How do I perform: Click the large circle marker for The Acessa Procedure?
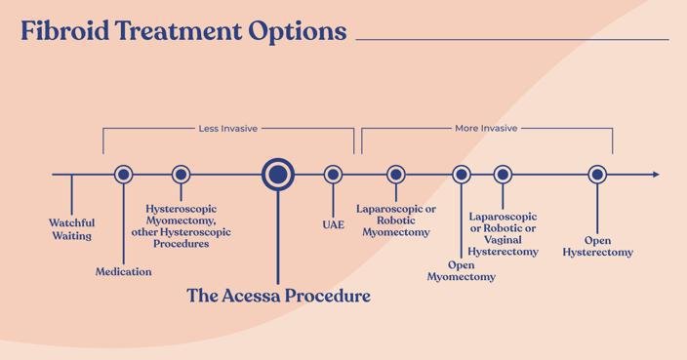[278, 175]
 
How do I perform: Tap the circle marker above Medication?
[123, 175]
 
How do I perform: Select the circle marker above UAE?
[334, 175]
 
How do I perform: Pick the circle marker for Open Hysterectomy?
[597, 175]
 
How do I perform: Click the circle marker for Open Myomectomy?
[462, 175]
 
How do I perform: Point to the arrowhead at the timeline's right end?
[655, 175]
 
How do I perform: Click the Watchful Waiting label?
[72, 229]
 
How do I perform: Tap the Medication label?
[123, 271]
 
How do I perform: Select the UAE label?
[334, 223]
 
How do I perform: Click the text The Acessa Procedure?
[278, 296]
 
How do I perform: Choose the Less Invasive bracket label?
[228, 128]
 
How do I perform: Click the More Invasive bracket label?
[486, 128]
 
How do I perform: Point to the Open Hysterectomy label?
[597, 246]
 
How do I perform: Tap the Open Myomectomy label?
[462, 270]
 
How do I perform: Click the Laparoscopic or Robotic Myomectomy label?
[395, 220]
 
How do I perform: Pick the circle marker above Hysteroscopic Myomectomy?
[181, 175]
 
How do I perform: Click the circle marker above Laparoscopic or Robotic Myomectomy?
[395, 175]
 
